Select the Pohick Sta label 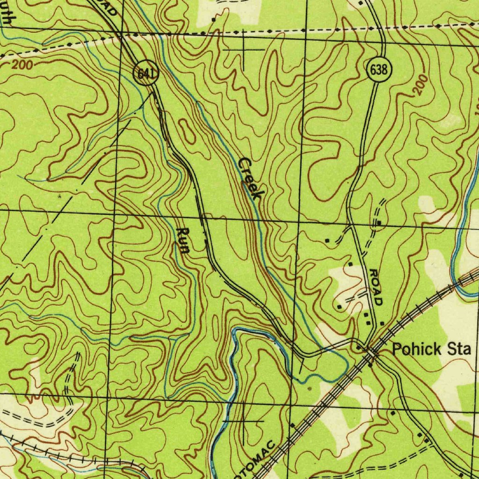(x=431, y=349)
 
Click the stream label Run (x=183, y=240)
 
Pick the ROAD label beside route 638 (x=376, y=287)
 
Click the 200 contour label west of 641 (x=22, y=65)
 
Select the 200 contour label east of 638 (x=419, y=85)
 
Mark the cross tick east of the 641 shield (x=243, y=49)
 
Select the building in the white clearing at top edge (x=213, y=19)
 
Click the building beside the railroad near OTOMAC (x=292, y=426)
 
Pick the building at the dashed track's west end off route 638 (x=327, y=240)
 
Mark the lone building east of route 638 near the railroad (x=382, y=323)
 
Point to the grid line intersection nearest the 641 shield (x=121, y=34)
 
